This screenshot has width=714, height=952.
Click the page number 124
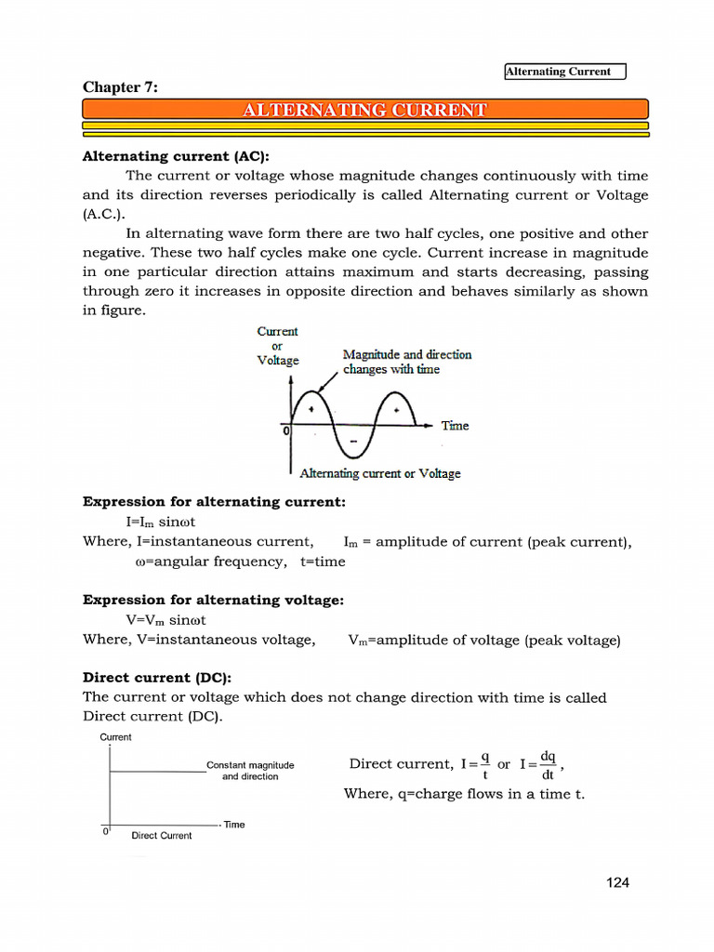pyautogui.click(x=617, y=882)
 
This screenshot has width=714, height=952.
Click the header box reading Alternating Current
pyautogui.click(x=565, y=72)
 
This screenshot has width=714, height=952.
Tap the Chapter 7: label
pyautogui.click(x=120, y=87)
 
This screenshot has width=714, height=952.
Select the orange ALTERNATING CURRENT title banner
pyautogui.click(x=364, y=111)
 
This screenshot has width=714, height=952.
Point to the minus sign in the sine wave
pyautogui.click(x=353, y=440)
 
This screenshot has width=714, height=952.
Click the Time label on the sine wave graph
pyautogui.click(x=455, y=426)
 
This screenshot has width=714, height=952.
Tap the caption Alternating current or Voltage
pyautogui.click(x=380, y=473)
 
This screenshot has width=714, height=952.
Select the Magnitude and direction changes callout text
pyautogui.click(x=407, y=362)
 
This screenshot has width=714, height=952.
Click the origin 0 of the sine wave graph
pyautogui.click(x=285, y=430)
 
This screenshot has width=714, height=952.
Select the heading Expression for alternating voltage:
pyautogui.click(x=213, y=601)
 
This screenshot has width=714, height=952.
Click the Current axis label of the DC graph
pyautogui.click(x=115, y=737)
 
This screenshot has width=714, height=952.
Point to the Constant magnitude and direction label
pyautogui.click(x=250, y=771)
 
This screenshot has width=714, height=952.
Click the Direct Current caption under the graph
pyautogui.click(x=162, y=836)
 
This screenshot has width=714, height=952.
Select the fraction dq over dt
pyautogui.click(x=548, y=764)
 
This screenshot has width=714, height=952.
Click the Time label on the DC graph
pyautogui.click(x=234, y=825)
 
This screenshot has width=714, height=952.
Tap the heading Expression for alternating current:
pyautogui.click(x=214, y=502)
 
